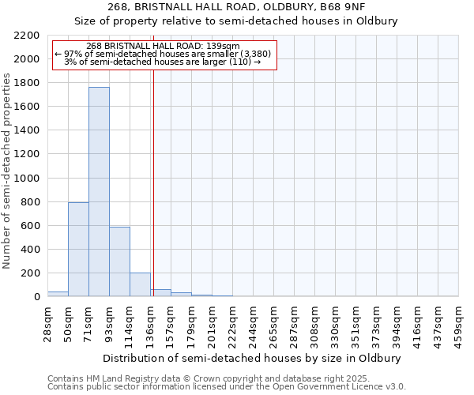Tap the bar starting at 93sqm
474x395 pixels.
pyautogui.click(x=119, y=261)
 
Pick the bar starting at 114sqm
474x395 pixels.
pyautogui.click(x=140, y=284)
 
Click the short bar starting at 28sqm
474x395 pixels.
pyautogui.click(x=58, y=294)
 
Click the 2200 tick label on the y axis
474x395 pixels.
pyautogui.click(x=26, y=36)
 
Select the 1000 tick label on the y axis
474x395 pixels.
pyautogui.click(x=26, y=179)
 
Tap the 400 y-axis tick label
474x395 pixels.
pyautogui.click(x=29, y=250)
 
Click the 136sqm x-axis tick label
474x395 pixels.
pyautogui.click(x=151, y=322)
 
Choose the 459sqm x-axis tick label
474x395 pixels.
pyautogui.click(x=459, y=322)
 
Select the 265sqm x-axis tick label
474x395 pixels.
pyautogui.click(x=274, y=322)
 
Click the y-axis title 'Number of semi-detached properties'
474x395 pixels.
pyautogui.click(x=8, y=171)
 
